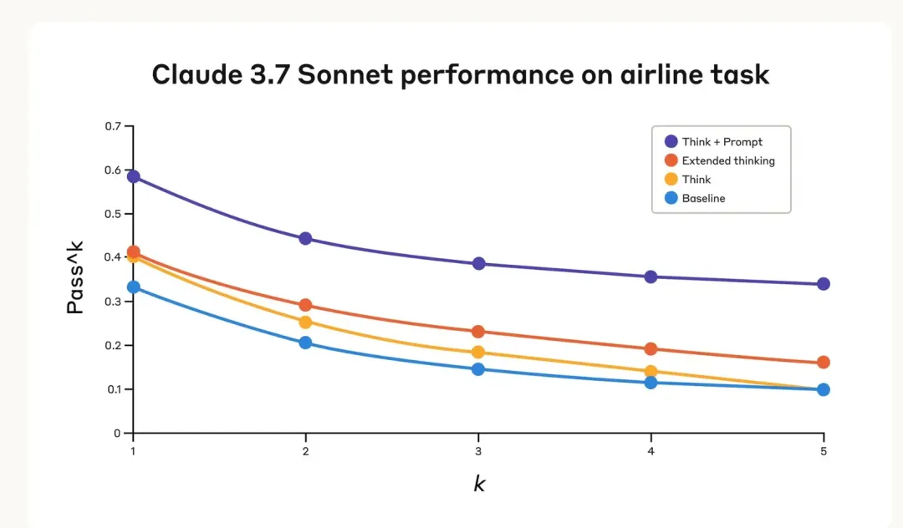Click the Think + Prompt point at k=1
[133, 176]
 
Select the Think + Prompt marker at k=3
[478, 263]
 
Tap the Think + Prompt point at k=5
[823, 284]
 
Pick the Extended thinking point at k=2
[305, 305]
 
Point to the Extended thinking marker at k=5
[823, 363]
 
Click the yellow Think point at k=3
[478, 353]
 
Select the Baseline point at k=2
[305, 343]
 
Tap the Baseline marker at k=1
[133, 287]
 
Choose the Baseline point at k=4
[650, 383]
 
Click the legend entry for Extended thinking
[727, 160]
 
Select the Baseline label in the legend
[703, 199]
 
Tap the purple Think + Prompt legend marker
[671, 141]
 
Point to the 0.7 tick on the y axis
[114, 126]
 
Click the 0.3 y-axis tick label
[114, 302]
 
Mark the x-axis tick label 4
[650, 450]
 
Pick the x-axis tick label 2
[305, 450]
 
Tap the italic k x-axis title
[479, 485]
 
